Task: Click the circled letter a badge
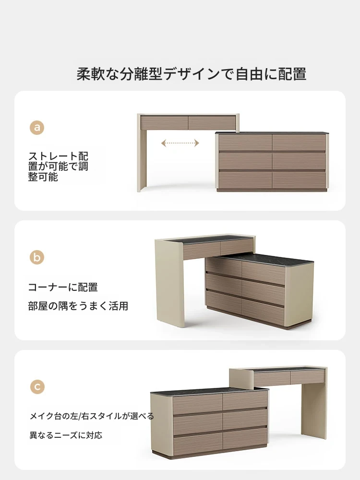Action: [37, 127]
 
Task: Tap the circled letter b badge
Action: [37, 257]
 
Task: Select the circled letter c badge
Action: [37, 386]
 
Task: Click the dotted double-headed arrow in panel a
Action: [180, 143]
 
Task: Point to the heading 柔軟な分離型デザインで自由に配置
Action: [192, 74]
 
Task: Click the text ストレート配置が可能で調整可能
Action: [58, 167]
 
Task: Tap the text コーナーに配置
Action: [63, 287]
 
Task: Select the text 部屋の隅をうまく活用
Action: [78, 306]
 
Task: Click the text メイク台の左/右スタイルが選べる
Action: [92, 416]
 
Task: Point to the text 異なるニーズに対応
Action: [66, 435]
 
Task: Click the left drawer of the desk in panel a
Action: [164, 122]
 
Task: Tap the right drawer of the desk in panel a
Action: [212, 122]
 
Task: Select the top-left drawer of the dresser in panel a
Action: [245, 143]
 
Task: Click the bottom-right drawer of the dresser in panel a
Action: [299, 180]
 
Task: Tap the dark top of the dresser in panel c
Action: [209, 391]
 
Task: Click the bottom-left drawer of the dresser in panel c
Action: [198, 439]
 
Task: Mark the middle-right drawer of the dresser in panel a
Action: [299, 161]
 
